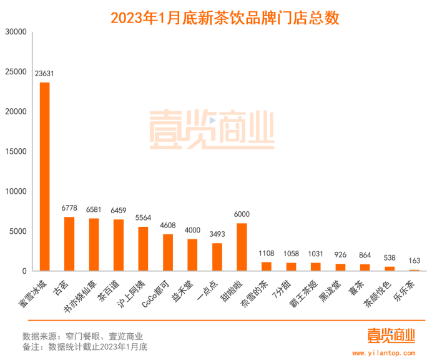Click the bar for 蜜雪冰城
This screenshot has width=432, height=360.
click(45, 177)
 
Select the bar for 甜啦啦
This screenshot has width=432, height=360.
click(242, 247)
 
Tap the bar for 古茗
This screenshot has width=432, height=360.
click(69, 244)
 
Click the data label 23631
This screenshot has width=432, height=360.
click(45, 74)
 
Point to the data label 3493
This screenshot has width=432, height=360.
click(217, 234)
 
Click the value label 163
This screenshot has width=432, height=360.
click(414, 261)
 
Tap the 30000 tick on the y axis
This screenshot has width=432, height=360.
click(16, 32)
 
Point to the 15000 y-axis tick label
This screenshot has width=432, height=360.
click(16, 151)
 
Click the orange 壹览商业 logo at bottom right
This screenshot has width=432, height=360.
click(391, 336)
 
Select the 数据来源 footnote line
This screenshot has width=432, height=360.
click(82, 335)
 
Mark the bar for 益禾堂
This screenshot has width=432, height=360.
click(192, 255)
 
